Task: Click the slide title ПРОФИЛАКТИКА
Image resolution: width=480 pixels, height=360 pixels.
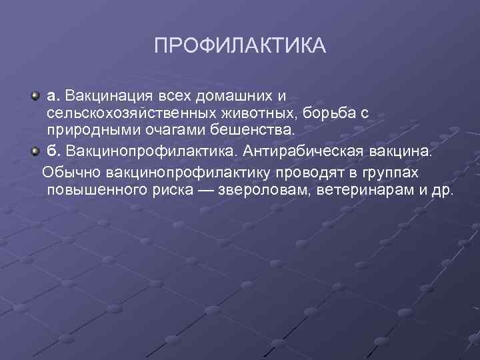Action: [240, 46]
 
